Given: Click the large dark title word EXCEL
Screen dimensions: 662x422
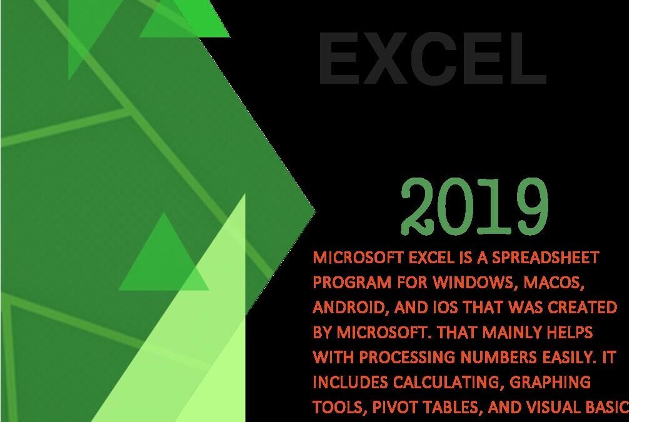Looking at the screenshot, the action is tap(433, 58).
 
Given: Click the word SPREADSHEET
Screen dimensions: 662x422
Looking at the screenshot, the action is tap(546, 257).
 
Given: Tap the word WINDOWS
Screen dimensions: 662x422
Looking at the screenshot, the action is tap(476, 283).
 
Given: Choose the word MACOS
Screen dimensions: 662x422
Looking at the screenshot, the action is tap(554, 283).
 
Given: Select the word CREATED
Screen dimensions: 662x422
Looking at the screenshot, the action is tap(582, 307).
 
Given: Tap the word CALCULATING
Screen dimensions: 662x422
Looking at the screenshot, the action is tap(448, 383).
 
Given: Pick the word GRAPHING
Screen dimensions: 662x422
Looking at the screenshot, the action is tap(550, 382).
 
